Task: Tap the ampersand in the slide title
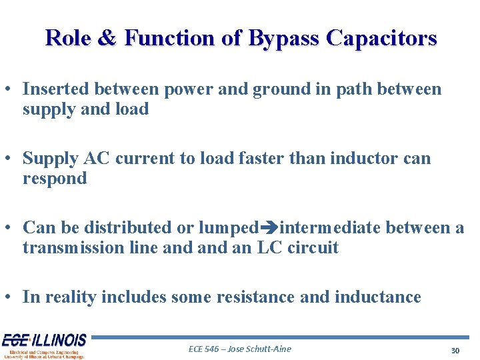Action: [107, 38]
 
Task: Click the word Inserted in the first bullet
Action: [57, 89]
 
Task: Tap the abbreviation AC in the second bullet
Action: [98, 159]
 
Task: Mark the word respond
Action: [55, 179]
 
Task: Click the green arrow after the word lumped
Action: [269, 228]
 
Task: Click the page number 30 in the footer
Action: [455, 350]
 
